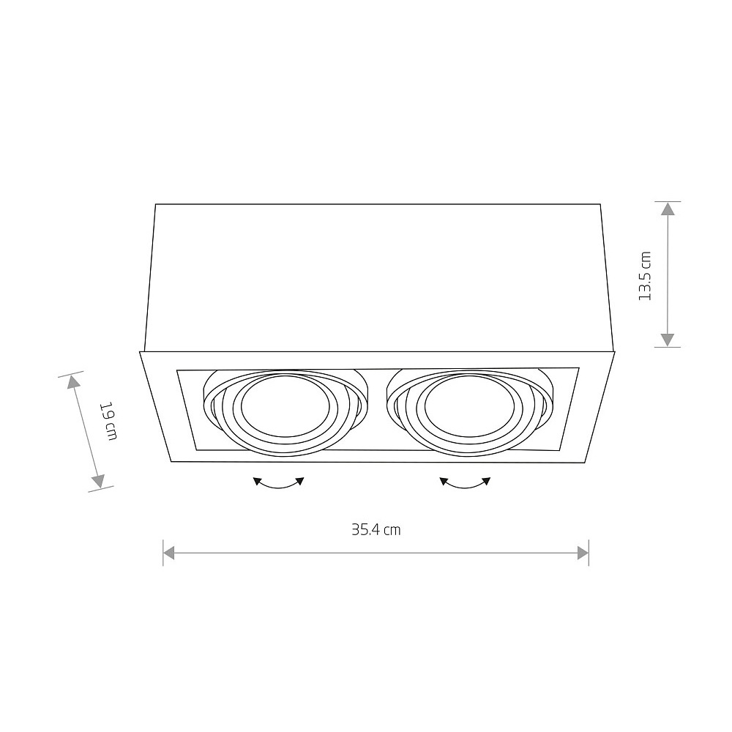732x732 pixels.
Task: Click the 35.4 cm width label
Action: (x=376, y=530)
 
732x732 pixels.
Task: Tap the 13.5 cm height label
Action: (x=645, y=276)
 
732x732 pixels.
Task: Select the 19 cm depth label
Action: (x=109, y=421)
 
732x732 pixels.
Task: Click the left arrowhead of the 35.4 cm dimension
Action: (x=168, y=553)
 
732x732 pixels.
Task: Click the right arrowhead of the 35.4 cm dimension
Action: (x=583, y=553)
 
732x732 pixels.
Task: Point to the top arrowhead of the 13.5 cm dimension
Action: (x=668, y=208)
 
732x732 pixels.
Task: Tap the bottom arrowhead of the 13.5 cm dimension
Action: (x=668, y=340)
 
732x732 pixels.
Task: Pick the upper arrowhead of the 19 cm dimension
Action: (x=72, y=382)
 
